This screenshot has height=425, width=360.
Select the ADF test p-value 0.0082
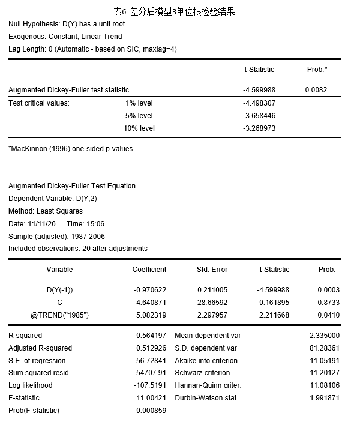coord(316,90)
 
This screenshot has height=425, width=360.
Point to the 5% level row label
coord(139,116)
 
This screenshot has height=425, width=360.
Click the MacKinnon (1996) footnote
coord(71,149)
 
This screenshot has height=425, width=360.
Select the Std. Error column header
coord(212,270)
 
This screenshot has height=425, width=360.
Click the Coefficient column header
coord(149,270)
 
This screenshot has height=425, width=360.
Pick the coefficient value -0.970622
coord(149,290)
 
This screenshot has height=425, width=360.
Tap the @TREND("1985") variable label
coord(59,315)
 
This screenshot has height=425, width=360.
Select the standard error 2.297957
coord(212,315)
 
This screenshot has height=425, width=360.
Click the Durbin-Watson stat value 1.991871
coord(323,398)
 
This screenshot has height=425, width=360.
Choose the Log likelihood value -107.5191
coord(149,385)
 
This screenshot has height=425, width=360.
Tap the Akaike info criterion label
coord(206,361)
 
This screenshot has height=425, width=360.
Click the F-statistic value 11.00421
coord(151,398)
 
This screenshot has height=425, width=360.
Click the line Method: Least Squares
coord(46,211)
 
